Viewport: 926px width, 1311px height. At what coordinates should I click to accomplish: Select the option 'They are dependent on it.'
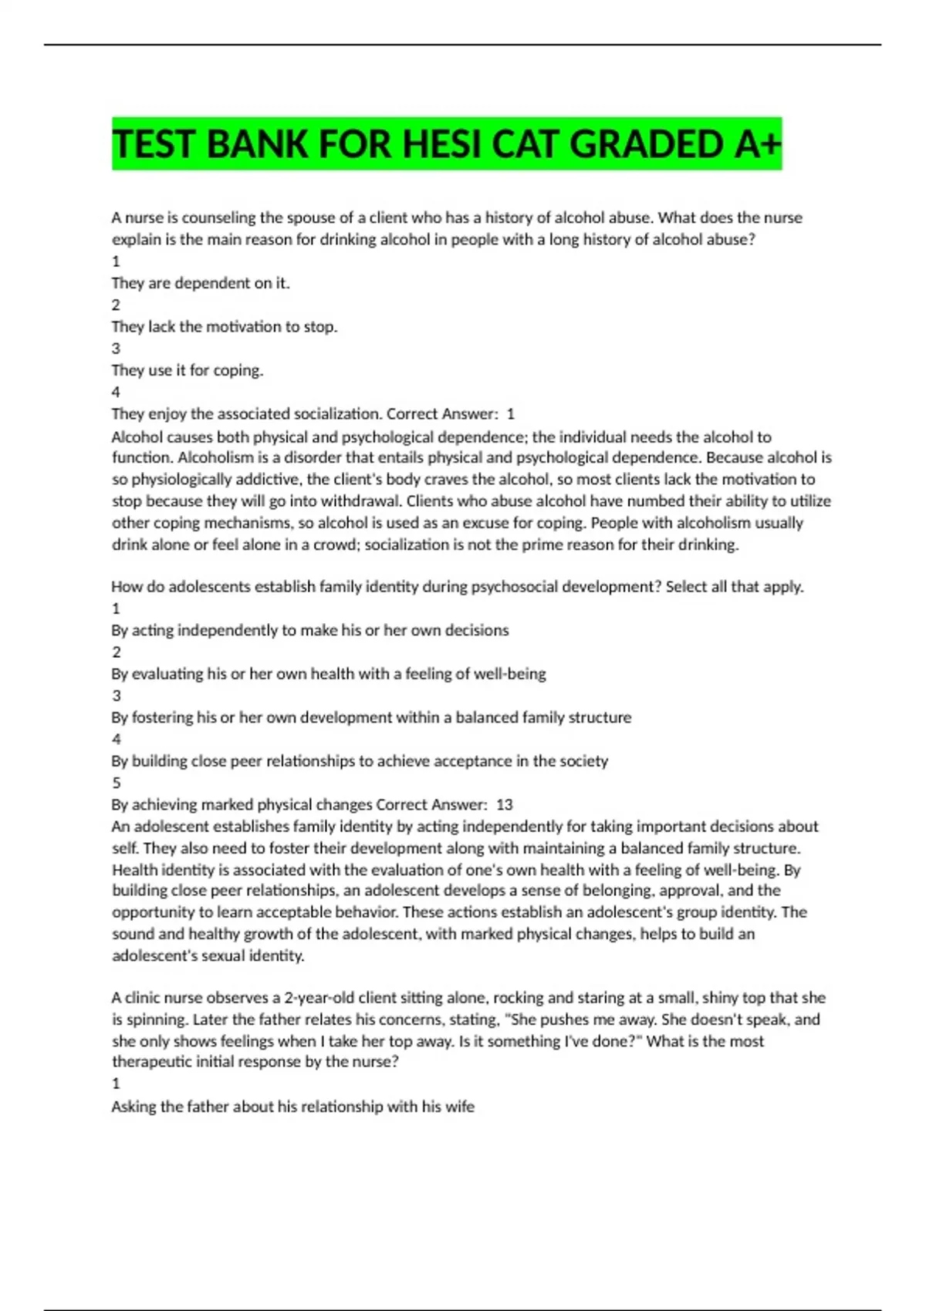coord(201,283)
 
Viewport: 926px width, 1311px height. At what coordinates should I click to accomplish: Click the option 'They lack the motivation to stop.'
coord(225,326)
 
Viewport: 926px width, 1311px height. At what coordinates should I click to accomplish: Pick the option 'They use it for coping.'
coord(188,370)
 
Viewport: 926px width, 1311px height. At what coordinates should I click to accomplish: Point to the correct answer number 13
coord(505,804)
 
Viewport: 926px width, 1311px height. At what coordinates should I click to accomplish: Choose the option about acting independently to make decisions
coord(309,630)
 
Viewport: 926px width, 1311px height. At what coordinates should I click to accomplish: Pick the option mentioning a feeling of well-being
coord(328,673)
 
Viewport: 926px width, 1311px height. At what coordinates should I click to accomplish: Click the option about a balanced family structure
coord(371,717)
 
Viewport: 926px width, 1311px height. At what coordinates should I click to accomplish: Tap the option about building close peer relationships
coord(360,760)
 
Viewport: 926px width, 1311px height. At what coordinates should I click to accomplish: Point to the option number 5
coord(117,783)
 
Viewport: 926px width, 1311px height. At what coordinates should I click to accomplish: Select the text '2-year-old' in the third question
coord(319,997)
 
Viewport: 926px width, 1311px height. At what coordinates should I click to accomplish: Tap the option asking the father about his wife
coord(292,1106)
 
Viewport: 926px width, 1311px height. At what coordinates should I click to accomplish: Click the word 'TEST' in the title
coord(154,144)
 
